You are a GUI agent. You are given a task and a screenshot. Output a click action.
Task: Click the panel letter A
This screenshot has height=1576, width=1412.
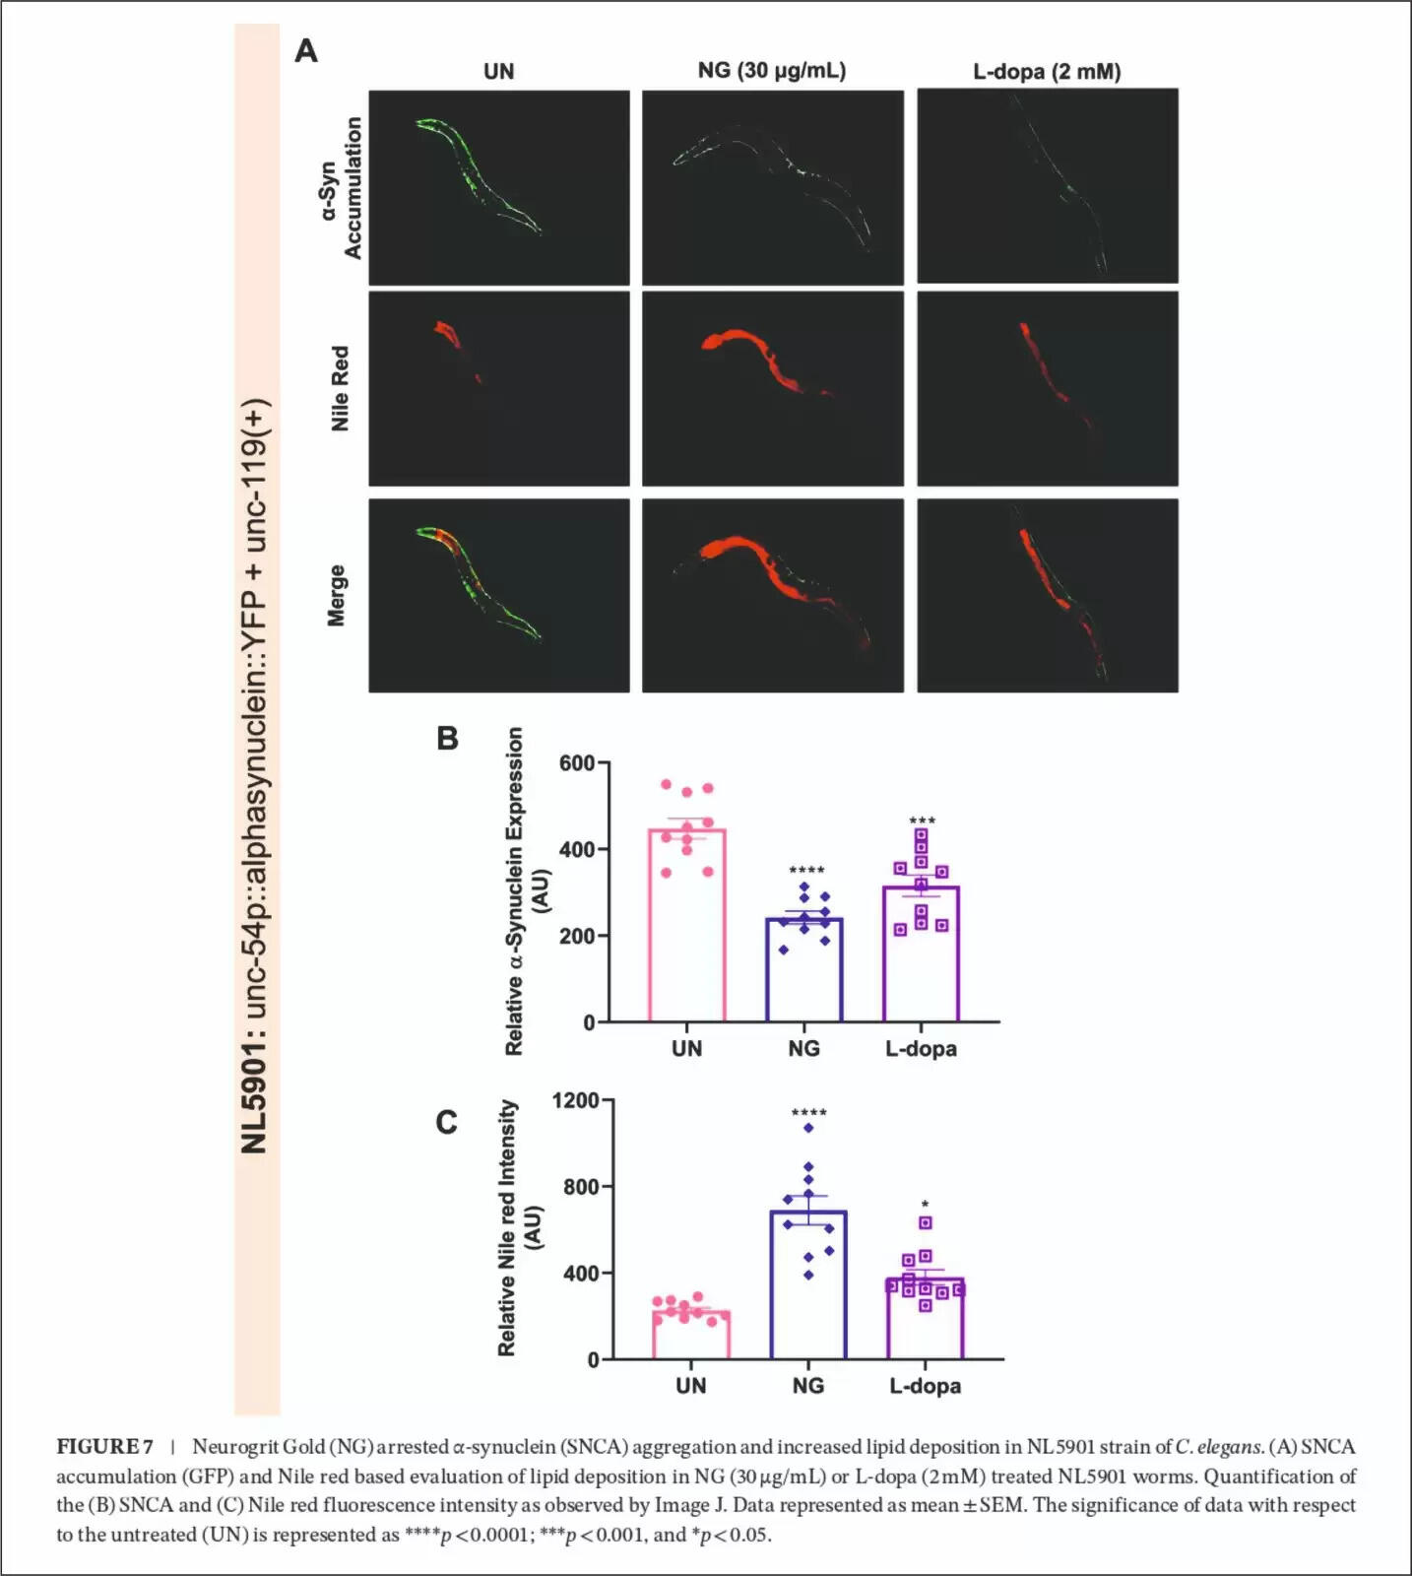(x=306, y=51)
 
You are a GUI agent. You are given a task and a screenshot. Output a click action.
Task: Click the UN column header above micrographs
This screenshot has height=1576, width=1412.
(x=498, y=71)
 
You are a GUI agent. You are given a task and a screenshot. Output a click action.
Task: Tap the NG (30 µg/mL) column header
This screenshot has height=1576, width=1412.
(x=771, y=70)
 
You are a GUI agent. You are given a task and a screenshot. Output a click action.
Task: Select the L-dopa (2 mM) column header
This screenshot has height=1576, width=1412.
(x=1047, y=71)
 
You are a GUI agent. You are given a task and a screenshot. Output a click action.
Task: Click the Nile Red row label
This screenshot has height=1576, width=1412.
(x=340, y=388)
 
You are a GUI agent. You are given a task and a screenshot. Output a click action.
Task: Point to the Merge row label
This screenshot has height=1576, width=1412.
(x=337, y=595)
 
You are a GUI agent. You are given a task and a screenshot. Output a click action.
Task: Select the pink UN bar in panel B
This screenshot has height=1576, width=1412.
(x=686, y=926)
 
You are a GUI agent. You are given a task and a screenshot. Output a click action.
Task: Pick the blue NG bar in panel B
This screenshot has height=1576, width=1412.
(x=804, y=970)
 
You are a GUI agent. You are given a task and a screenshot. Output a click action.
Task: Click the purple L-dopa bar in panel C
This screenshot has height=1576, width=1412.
(x=925, y=1320)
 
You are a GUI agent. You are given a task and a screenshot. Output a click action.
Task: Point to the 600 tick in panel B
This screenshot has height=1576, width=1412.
(x=576, y=763)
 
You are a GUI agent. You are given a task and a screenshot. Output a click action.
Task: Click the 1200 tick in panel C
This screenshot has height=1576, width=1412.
(x=575, y=1100)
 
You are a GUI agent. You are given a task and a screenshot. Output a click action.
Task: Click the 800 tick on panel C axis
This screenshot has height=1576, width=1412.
(x=581, y=1187)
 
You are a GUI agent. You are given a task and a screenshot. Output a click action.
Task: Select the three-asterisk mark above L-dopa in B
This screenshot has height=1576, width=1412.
(x=922, y=821)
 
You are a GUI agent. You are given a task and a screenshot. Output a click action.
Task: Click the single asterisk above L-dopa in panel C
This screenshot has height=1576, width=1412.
(x=925, y=1204)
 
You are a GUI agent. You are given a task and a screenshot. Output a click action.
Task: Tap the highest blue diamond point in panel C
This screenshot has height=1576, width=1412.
(x=808, y=1128)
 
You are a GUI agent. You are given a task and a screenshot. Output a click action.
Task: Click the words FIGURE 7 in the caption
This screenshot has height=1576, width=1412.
(x=104, y=1447)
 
